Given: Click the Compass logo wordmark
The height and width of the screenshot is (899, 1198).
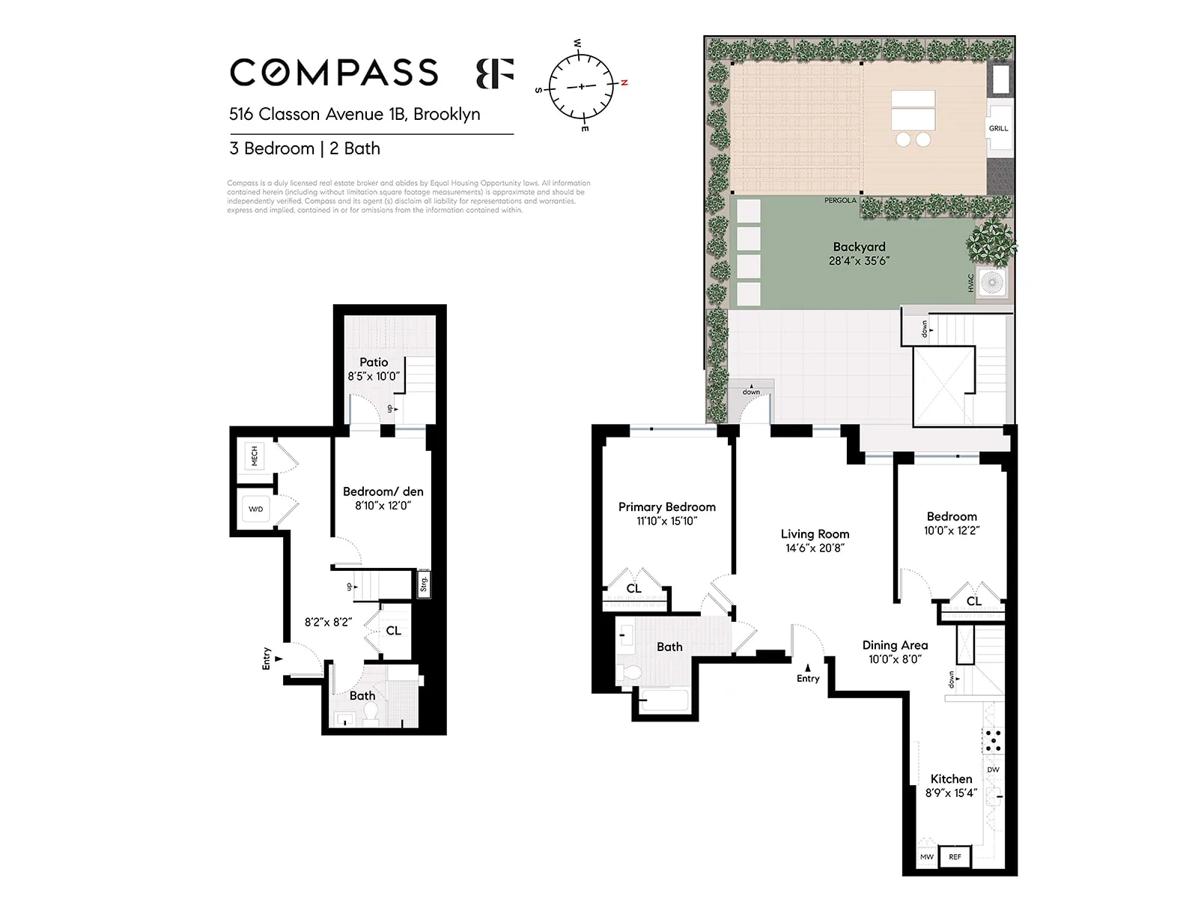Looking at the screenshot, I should click(x=334, y=73).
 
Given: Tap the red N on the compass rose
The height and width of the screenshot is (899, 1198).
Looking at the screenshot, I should click(x=624, y=82).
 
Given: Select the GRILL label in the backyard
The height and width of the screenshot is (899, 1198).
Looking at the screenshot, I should click(x=998, y=128).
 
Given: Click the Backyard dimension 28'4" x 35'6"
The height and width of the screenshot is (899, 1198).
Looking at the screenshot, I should click(x=859, y=261).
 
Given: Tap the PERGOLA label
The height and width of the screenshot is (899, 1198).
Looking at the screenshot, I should click(x=840, y=200).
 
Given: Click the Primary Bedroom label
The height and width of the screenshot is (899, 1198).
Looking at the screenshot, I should click(x=666, y=507).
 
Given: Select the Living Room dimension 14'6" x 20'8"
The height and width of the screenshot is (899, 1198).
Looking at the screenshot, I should click(x=815, y=548).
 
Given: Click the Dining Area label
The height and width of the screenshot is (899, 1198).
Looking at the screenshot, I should click(x=895, y=645).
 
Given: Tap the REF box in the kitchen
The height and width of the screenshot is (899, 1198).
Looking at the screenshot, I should click(x=955, y=856).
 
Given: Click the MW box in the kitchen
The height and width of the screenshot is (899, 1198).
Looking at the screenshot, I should click(x=927, y=856).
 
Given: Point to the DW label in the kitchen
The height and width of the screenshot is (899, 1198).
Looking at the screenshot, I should click(x=993, y=769).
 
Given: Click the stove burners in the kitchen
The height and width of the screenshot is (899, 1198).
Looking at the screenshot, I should click(x=993, y=739).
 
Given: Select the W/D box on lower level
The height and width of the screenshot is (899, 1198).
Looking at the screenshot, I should click(x=255, y=509).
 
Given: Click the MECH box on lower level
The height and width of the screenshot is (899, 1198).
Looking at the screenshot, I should click(x=255, y=455).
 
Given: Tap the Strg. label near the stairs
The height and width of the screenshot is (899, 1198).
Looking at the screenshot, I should click(x=424, y=584).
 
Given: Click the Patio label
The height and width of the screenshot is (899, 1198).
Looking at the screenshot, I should click(x=374, y=362).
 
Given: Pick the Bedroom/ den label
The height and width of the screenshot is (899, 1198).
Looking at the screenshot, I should click(x=383, y=491).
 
